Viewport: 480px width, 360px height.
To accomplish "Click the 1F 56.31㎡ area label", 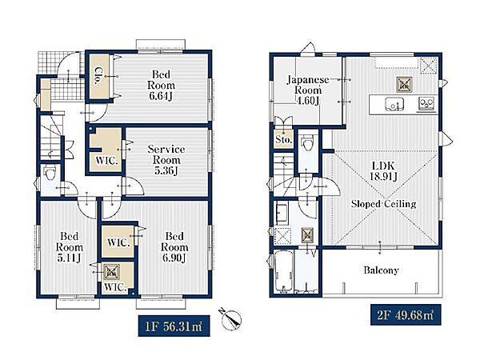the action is (174, 326).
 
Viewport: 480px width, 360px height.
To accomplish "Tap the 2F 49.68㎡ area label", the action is (406, 314).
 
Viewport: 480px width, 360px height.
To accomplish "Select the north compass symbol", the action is (230, 319).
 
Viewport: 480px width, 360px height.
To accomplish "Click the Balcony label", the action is (381, 270).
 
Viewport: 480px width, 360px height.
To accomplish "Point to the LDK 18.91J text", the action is (383, 171).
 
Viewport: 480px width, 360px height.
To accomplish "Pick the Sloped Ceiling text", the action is (383, 204).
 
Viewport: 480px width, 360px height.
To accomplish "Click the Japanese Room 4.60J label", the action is (308, 90).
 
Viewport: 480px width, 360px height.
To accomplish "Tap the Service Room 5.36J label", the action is (166, 160).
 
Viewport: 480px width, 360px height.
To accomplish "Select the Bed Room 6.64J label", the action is (161, 85).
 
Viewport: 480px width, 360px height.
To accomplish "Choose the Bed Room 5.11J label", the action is (69, 247).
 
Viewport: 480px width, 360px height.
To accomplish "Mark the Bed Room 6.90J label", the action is (174, 247).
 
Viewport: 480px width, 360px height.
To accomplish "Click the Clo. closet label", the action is (98, 76).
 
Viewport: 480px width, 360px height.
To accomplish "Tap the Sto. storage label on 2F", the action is (283, 140).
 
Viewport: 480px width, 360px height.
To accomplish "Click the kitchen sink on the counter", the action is (394, 104).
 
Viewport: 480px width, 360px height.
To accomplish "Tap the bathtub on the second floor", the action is (283, 271).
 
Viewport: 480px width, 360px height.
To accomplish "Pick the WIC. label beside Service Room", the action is (106, 161).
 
